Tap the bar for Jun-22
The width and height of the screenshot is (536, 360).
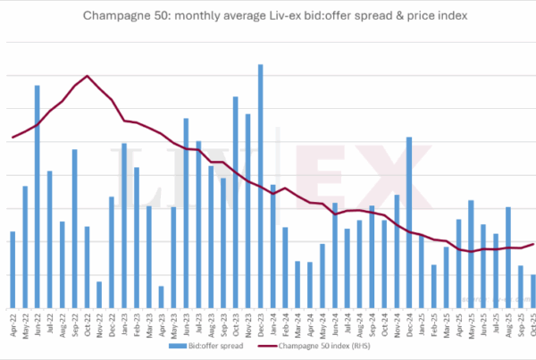tap(37, 197)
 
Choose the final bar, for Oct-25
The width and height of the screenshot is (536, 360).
tap(533, 291)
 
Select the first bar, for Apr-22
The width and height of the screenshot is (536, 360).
tap(13, 269)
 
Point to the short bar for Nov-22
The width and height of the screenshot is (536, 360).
tap(99, 295)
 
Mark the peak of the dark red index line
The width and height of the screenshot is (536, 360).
tap(87, 76)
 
